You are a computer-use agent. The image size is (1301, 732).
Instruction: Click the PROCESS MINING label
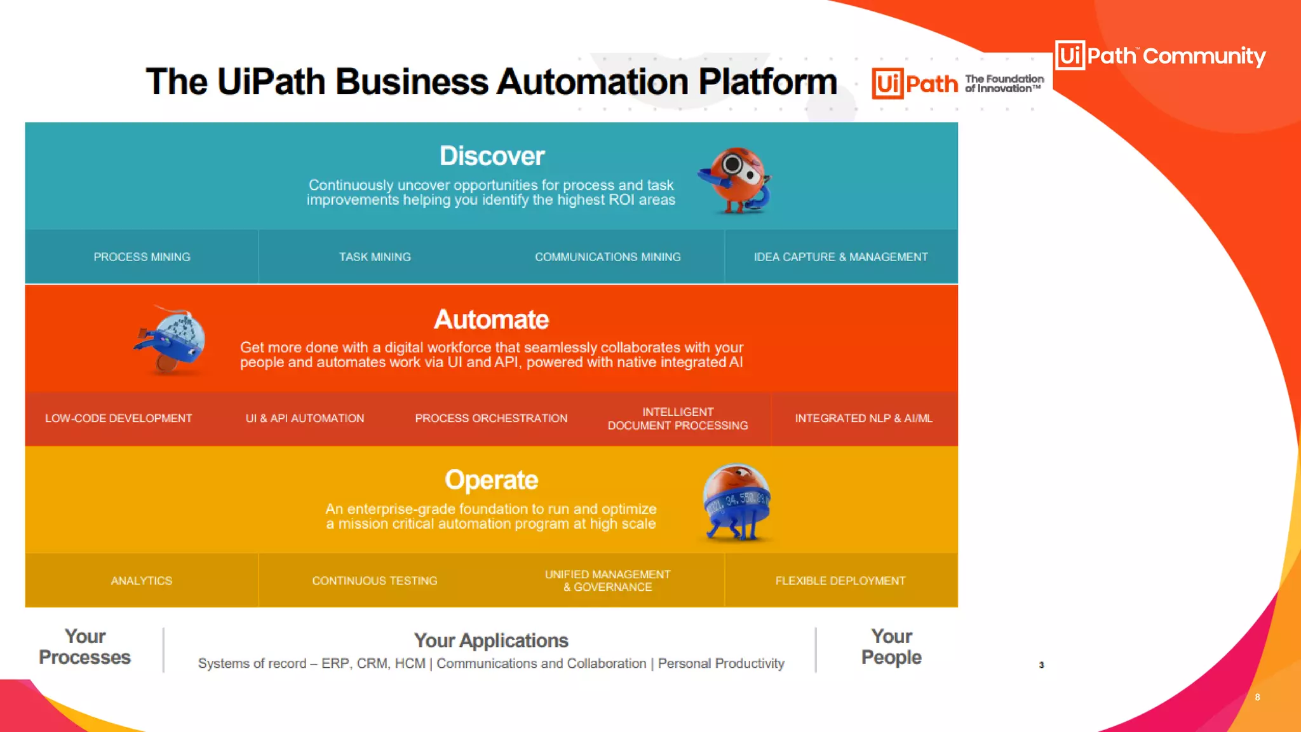(x=142, y=257)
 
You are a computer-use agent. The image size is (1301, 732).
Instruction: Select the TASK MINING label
(x=375, y=257)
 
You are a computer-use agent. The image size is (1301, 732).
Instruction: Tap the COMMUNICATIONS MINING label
(x=607, y=257)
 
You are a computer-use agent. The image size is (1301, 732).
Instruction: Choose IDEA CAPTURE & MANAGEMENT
(x=840, y=257)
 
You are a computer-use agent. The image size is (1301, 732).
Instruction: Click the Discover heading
(x=492, y=156)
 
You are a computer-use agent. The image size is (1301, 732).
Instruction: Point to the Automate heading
(x=491, y=320)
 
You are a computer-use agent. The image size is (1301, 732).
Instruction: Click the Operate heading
(x=491, y=480)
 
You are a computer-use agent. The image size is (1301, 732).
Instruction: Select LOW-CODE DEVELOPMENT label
(x=118, y=418)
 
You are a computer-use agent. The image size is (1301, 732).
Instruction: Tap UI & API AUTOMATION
(x=305, y=418)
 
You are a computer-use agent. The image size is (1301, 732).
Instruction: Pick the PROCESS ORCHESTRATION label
(x=491, y=418)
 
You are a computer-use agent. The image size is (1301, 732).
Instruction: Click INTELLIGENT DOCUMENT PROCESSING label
(x=677, y=419)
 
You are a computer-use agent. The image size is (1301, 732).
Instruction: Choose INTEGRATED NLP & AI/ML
(x=863, y=418)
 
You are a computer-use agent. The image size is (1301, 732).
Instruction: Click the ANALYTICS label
(x=142, y=581)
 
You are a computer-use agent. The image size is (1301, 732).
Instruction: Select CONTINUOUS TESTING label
(x=375, y=581)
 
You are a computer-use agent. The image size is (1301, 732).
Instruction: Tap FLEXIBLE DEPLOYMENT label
(x=840, y=581)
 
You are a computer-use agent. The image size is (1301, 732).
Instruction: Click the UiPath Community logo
(x=1160, y=56)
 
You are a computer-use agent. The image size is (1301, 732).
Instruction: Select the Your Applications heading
(x=491, y=640)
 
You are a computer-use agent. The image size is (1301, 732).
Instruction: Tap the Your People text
(x=891, y=647)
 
